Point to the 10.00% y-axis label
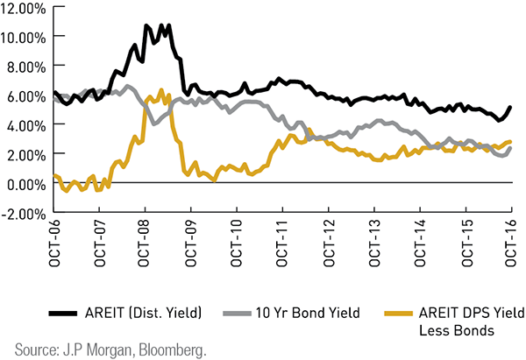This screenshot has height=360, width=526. [26, 37]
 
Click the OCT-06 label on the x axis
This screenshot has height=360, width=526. [54, 247]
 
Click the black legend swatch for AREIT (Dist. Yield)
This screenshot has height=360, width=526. [62, 311]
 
